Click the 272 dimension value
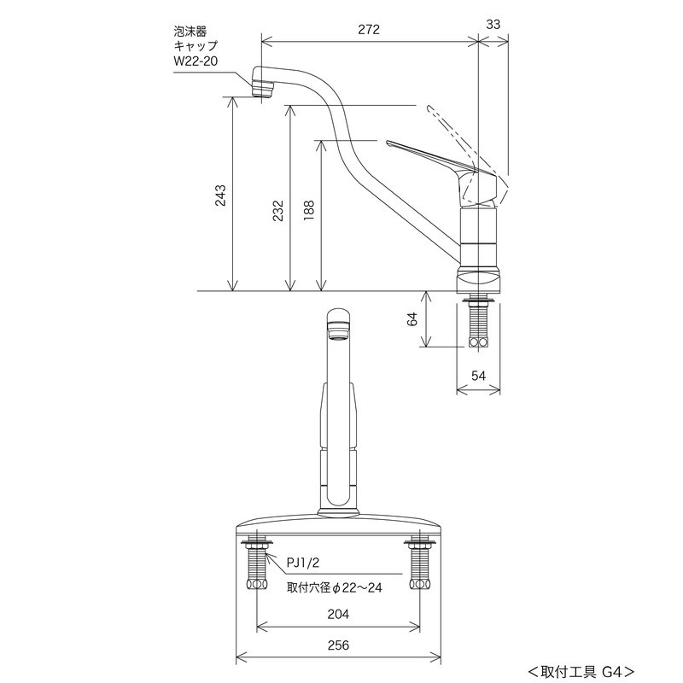368,29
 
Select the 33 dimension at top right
493,26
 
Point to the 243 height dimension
220,196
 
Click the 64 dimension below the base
412,318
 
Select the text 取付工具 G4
581,670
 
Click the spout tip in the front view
339,325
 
